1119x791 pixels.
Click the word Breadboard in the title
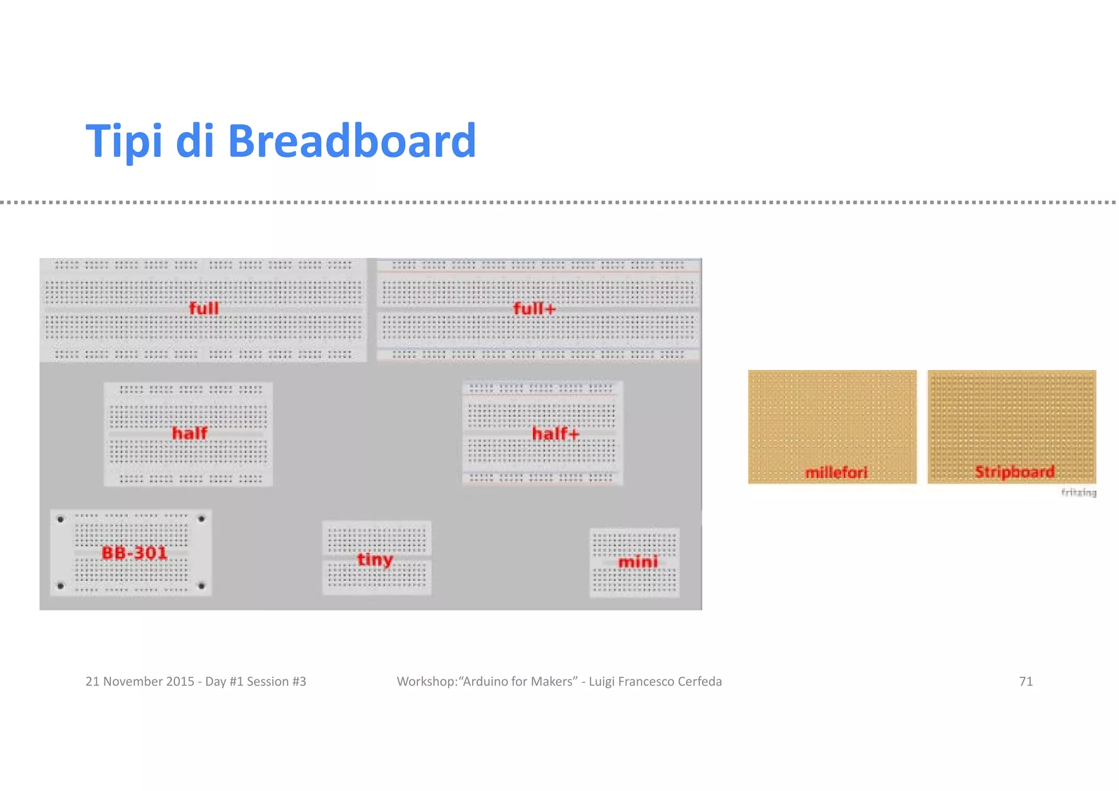[x=351, y=141]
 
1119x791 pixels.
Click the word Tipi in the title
[x=123, y=141]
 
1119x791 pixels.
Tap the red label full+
[x=534, y=309]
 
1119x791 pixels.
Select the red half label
[x=190, y=433]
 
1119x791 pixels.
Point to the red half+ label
[x=555, y=434]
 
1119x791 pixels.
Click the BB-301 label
[x=134, y=553]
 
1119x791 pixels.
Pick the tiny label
[x=375, y=560]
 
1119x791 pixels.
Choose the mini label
[x=638, y=562]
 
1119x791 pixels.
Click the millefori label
[x=836, y=473]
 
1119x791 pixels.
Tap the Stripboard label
[x=1015, y=472]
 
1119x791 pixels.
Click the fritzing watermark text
[x=1079, y=493]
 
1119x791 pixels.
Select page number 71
[x=1026, y=682]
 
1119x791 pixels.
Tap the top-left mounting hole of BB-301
[x=61, y=519]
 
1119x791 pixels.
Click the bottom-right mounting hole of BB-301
[x=202, y=586]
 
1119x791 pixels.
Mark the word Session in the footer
[x=268, y=682]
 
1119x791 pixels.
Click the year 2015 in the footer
[x=180, y=682]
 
